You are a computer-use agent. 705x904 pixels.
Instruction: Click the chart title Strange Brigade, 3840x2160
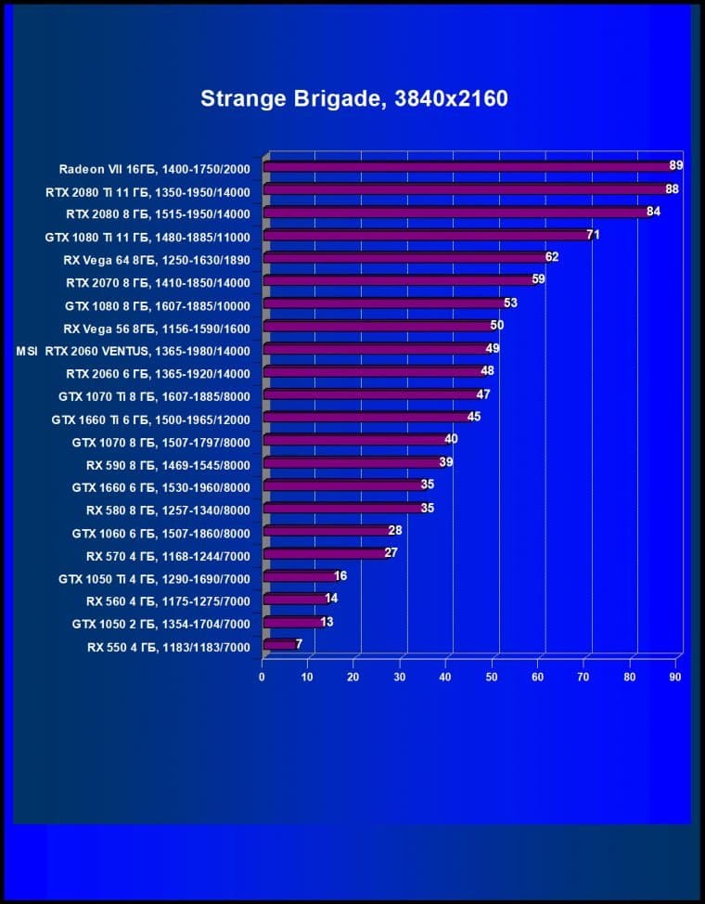click(353, 98)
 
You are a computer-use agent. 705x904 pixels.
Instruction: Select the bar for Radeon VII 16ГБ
click(468, 167)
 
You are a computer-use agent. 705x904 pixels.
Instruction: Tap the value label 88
click(672, 189)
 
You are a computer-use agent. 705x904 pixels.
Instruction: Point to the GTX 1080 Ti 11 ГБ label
click(147, 236)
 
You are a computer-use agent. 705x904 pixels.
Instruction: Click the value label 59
click(538, 279)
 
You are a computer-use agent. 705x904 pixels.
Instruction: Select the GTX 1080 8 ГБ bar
click(386, 303)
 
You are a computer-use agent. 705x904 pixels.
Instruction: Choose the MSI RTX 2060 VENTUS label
click(134, 350)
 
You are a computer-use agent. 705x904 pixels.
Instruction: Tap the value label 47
click(482, 394)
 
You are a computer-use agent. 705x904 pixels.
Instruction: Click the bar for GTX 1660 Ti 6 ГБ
click(367, 418)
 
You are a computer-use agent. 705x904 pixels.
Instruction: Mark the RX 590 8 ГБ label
click(168, 463)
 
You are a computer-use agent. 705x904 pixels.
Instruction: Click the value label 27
click(391, 554)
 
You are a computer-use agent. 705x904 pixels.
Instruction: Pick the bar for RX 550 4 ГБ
click(280, 645)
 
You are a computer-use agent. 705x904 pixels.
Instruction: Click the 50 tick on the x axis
click(491, 678)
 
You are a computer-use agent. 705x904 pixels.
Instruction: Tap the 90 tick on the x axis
click(674, 678)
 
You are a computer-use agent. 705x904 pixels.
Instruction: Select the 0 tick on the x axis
click(263, 678)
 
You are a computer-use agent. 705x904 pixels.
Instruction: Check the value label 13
click(327, 622)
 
